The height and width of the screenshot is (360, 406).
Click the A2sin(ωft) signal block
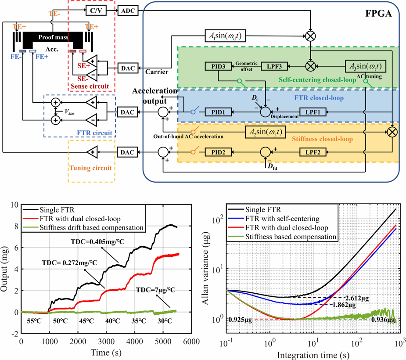[268, 131]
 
